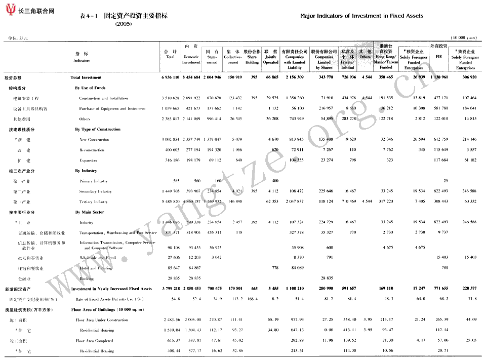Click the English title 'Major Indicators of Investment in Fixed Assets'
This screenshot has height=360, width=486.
click(x=361, y=16)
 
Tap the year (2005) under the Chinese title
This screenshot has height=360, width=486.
click(x=123, y=24)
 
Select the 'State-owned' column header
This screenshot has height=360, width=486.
click(x=212, y=57)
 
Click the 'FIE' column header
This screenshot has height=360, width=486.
click(x=438, y=57)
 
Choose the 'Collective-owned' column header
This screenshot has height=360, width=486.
click(x=232, y=57)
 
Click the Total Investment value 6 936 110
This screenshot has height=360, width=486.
click(x=170, y=77)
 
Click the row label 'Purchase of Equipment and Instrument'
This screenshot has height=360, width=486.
click(x=112, y=108)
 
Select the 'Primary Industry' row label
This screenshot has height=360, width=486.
click(x=94, y=181)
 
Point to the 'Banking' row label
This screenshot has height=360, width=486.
click(x=87, y=278)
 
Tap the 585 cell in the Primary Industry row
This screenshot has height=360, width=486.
click(x=176, y=181)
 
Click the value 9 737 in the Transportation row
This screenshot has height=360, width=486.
click(x=442, y=233)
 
